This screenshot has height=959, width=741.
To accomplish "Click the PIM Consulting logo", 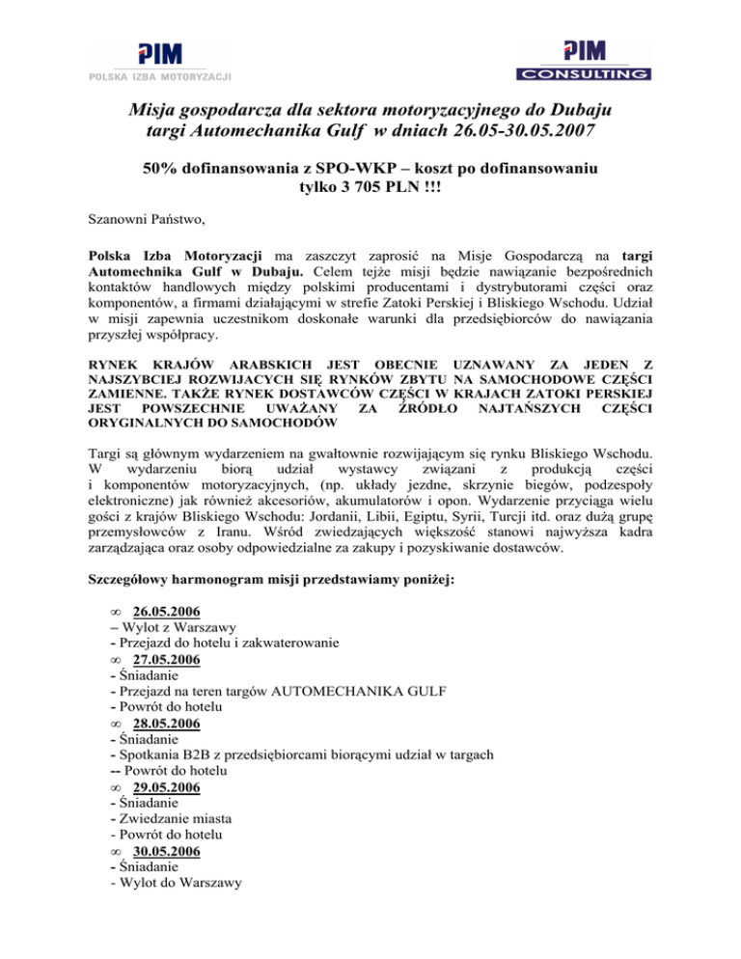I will coord(583,60).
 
